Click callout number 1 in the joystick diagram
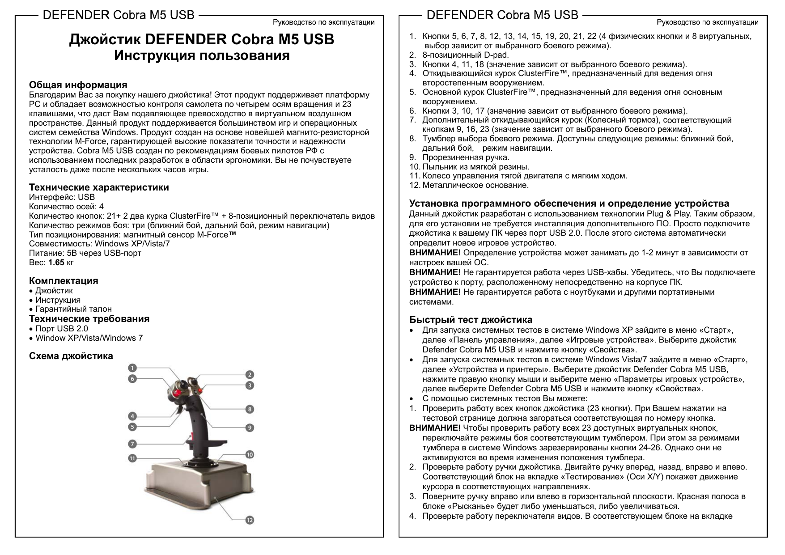(x=132, y=368)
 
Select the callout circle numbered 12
(x=250, y=520)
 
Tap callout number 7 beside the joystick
(x=132, y=444)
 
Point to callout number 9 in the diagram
(x=250, y=428)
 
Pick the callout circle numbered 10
(x=250, y=454)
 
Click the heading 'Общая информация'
(x=78, y=85)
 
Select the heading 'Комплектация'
(x=63, y=281)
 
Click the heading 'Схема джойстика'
(x=71, y=356)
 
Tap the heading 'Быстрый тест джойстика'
(x=471, y=320)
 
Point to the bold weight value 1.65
(x=56, y=263)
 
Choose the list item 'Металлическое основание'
(x=475, y=185)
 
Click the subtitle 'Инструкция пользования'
(x=202, y=56)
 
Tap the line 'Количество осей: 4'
(x=66, y=207)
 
